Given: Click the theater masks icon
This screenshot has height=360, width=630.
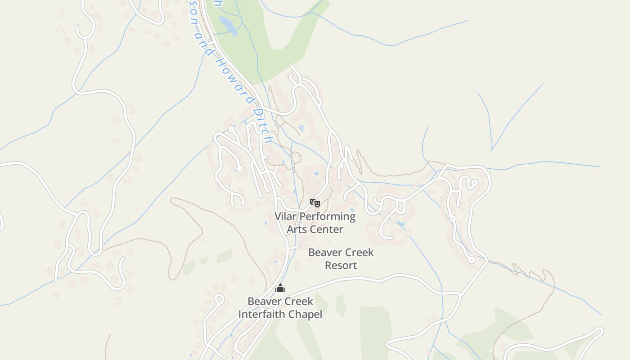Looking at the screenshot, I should pyautogui.click(x=315, y=203).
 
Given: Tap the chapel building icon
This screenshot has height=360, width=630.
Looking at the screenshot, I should pyautogui.click(x=280, y=288).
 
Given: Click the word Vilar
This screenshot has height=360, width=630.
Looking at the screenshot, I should pyautogui.click(x=286, y=216).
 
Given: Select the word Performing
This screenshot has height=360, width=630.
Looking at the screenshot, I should pyautogui.click(x=328, y=216).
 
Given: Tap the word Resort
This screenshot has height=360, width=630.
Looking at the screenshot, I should pyautogui.click(x=341, y=265).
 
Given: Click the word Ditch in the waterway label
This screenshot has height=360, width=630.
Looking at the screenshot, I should pyautogui.click(x=263, y=126).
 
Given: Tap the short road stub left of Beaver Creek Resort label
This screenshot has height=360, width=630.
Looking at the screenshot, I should pyautogui.click(x=294, y=247).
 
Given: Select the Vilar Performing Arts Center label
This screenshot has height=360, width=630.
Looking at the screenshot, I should pyautogui.click(x=315, y=223).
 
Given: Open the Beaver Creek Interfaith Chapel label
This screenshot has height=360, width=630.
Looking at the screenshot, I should pyautogui.click(x=280, y=307).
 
